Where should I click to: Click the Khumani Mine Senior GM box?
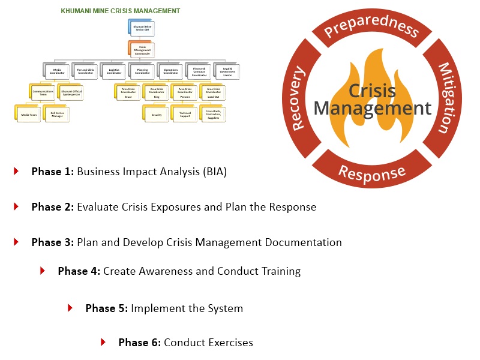click(142, 28)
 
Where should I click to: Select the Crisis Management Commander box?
click(142, 50)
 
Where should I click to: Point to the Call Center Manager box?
click(58, 114)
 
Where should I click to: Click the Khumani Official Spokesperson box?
click(71, 93)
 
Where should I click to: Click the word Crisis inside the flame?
click(372, 91)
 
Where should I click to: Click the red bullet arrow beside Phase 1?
click(16, 172)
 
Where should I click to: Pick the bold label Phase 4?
click(79, 271)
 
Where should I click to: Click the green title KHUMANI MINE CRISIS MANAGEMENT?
click(120, 11)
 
